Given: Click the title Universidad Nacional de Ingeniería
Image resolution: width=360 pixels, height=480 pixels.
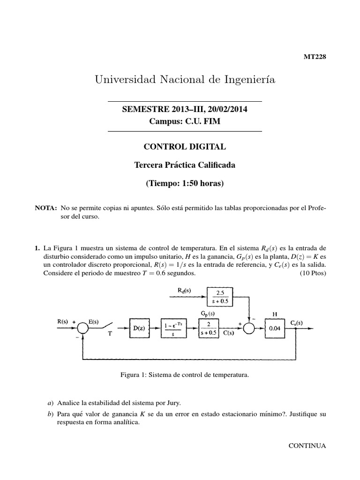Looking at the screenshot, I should pos(185,80).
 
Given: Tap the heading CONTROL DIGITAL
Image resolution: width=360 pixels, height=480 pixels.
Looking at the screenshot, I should pos(185,147).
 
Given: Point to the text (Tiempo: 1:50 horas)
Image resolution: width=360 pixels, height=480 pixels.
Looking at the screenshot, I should pos(185,183).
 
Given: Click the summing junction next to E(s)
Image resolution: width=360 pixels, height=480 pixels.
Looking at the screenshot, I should pos(83,329).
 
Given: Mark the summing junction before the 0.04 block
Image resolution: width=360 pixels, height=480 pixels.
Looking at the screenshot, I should pos(248,329).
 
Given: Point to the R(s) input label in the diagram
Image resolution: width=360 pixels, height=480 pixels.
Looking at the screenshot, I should pos(63,322).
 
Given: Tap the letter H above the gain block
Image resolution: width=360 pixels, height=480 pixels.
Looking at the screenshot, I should pos(275,314).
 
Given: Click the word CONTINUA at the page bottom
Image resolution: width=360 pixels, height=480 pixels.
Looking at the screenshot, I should pos(307,445).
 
